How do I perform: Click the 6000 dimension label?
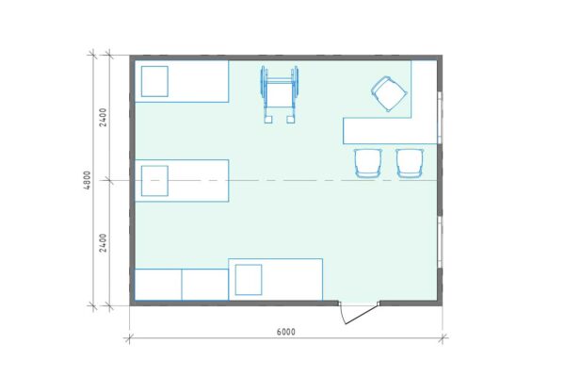pos(285,332)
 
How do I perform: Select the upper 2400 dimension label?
pos(103,117)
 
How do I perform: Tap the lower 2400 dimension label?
pos(103,243)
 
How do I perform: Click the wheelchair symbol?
pos(280,94)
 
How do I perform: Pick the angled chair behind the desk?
pos(390,94)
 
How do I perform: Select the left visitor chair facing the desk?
pos(367,163)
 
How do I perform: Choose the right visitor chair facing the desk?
pos(410,163)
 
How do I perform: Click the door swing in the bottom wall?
pos(358,313)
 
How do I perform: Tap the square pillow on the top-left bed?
pos(154,81)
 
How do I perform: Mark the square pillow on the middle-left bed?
pos(154,181)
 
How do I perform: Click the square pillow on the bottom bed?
pos(249,280)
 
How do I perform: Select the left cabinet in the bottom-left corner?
pos(158,285)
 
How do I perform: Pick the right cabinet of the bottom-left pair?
pos(205,285)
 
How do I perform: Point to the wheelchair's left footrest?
pos(268,120)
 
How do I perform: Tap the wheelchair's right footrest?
pos(291,120)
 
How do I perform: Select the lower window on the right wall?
pos(440,242)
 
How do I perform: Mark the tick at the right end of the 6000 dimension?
pos(443,338)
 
